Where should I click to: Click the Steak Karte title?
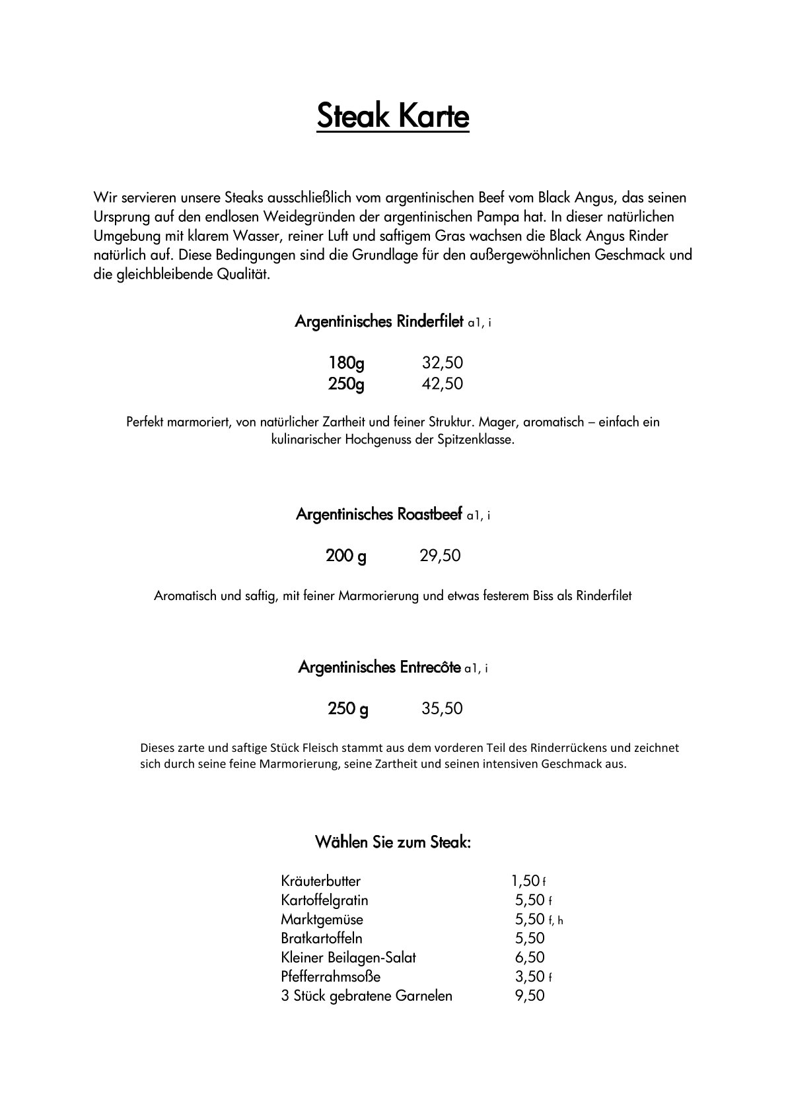click(392, 116)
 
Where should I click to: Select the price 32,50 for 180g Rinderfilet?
click(442, 363)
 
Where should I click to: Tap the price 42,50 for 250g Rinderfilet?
click(442, 384)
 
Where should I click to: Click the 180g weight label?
click(346, 363)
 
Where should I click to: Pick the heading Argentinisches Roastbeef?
click(379, 514)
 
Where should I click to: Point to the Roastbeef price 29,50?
click(440, 556)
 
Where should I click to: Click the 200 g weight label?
click(346, 556)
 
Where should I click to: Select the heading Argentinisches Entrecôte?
click(379, 667)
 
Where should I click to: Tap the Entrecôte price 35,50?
click(442, 709)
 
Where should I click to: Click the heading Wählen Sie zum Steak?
click(392, 842)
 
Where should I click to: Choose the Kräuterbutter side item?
click(320, 881)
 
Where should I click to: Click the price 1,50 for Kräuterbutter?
click(526, 881)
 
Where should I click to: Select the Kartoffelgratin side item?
click(324, 900)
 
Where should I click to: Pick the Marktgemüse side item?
click(322, 920)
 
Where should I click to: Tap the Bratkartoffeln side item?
click(322, 939)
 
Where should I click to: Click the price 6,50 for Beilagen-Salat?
click(530, 958)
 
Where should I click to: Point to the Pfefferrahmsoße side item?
click(330, 977)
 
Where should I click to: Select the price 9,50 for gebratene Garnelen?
click(530, 996)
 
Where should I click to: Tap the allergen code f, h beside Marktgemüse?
click(555, 920)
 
